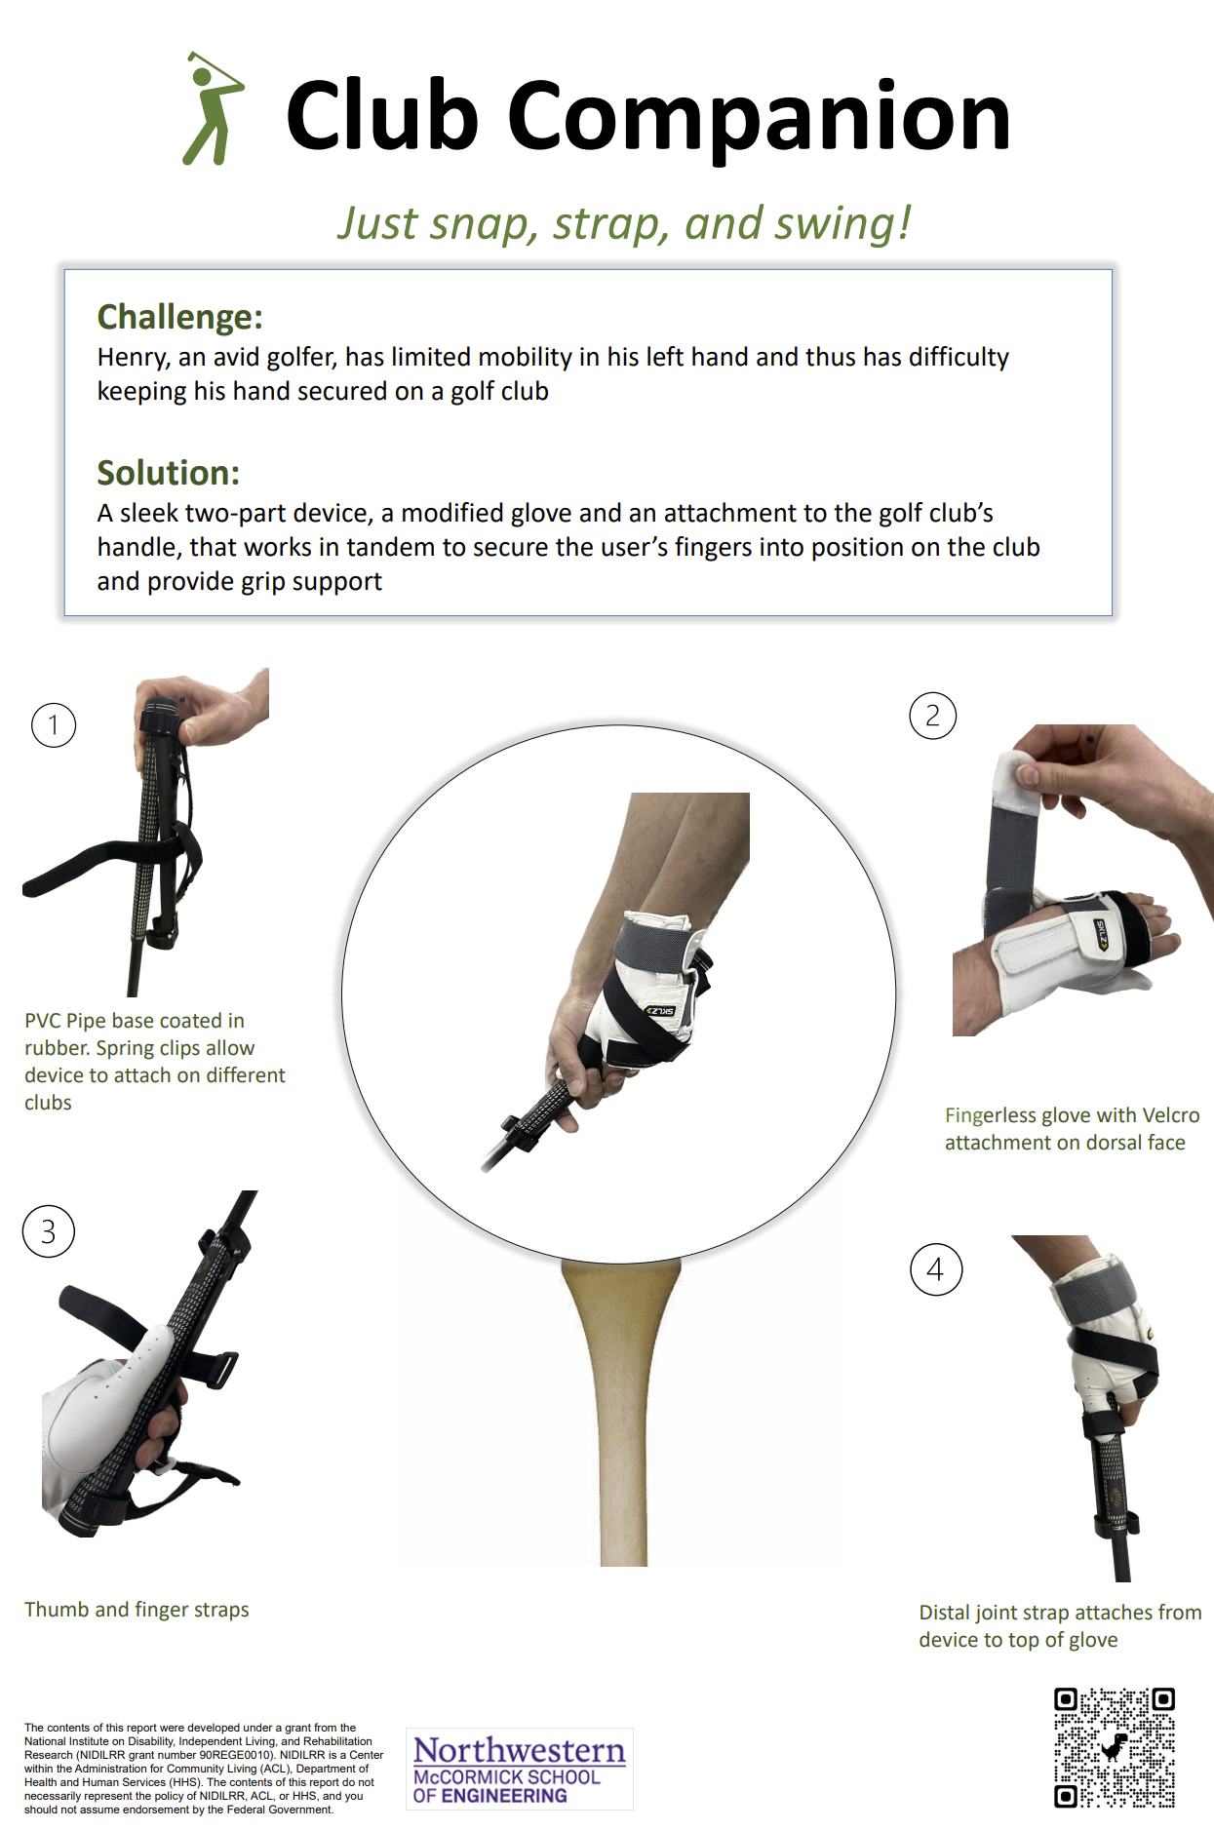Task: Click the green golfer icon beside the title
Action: point(213,108)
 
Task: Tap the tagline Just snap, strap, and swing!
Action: point(624,223)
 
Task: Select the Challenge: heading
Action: point(180,317)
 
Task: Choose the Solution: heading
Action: point(169,473)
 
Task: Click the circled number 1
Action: point(54,725)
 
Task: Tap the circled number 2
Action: point(933,716)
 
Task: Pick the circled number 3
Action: point(49,1231)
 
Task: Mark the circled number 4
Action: point(936,1269)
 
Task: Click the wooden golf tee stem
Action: point(621,1414)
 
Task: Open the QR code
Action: point(1115,1747)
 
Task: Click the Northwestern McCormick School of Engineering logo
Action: point(520,1769)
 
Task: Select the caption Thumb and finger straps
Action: point(137,1610)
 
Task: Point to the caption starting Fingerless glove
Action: point(1072,1129)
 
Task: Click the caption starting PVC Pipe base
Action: point(155,1062)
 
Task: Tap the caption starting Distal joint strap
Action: point(1060,1626)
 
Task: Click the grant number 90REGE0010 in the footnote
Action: point(234,1755)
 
